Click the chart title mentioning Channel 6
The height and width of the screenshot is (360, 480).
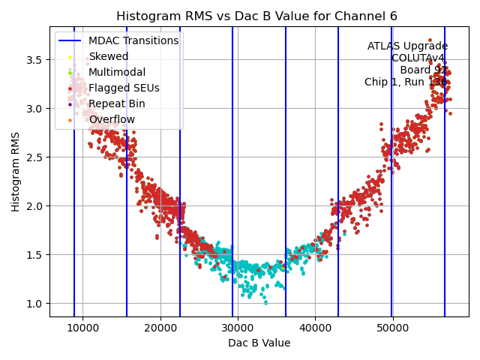[257, 16]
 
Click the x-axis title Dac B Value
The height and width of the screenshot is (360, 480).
[259, 343]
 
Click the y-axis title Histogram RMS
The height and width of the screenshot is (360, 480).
[16, 172]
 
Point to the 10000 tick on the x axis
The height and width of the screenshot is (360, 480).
[82, 328]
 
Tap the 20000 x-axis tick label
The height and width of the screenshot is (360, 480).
[160, 328]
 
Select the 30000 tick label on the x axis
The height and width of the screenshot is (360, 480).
[238, 328]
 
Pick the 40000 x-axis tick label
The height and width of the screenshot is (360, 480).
[315, 328]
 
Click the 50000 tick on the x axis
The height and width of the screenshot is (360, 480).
[392, 328]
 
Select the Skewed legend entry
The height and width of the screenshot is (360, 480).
[109, 56]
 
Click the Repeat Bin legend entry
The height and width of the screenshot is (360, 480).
[117, 103]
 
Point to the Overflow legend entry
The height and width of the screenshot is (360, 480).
[112, 119]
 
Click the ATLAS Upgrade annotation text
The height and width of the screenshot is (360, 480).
[407, 46]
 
